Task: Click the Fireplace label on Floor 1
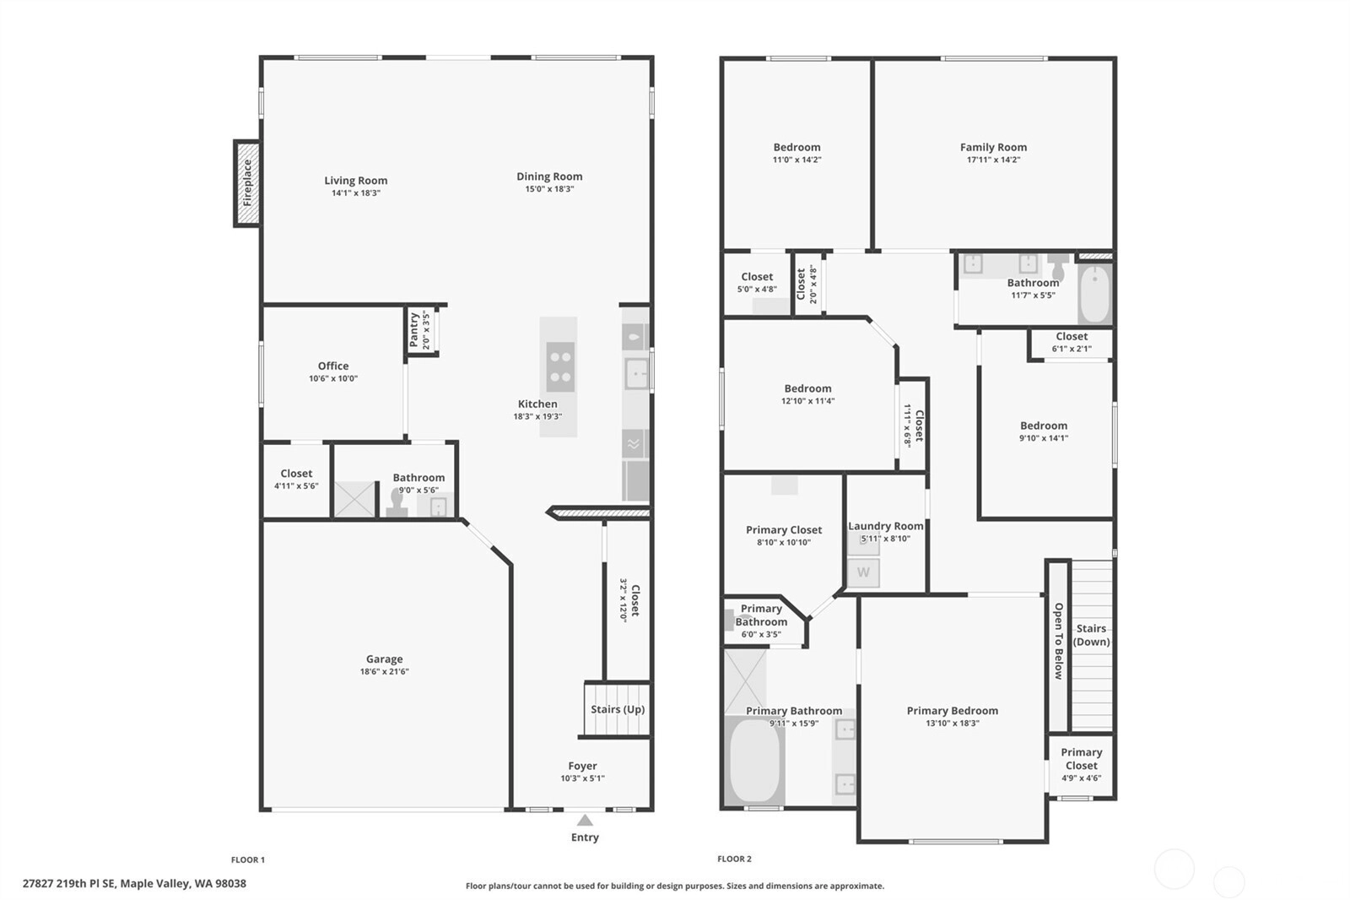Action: [247, 183]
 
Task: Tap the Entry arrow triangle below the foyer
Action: [585, 821]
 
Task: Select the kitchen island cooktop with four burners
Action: [560, 366]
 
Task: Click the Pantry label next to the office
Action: [414, 330]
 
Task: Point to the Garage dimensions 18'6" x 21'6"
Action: [385, 671]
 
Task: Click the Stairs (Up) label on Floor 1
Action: [618, 709]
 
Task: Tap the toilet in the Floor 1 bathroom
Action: [397, 503]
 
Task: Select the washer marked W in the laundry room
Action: [863, 572]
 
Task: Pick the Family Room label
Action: [993, 147]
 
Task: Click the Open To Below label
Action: [1059, 641]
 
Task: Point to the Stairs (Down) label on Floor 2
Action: [1092, 635]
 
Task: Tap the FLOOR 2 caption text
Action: [734, 859]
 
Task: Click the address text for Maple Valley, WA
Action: [134, 884]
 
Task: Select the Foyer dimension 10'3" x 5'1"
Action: [582, 778]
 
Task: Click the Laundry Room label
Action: [885, 526]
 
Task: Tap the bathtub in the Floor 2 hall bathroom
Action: [1095, 295]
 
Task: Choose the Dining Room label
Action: [549, 176]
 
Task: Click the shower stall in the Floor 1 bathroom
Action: [354, 499]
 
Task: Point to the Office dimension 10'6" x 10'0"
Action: [333, 379]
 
